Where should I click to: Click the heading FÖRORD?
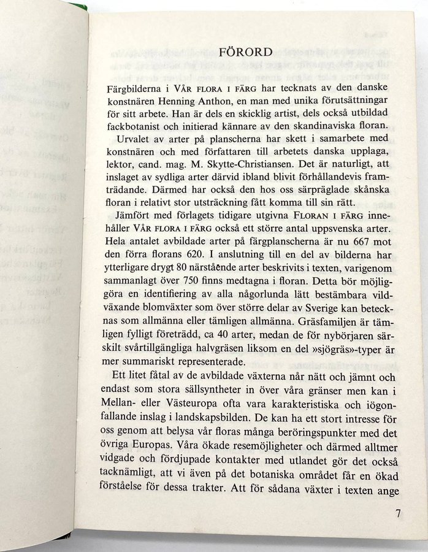click(x=245, y=52)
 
